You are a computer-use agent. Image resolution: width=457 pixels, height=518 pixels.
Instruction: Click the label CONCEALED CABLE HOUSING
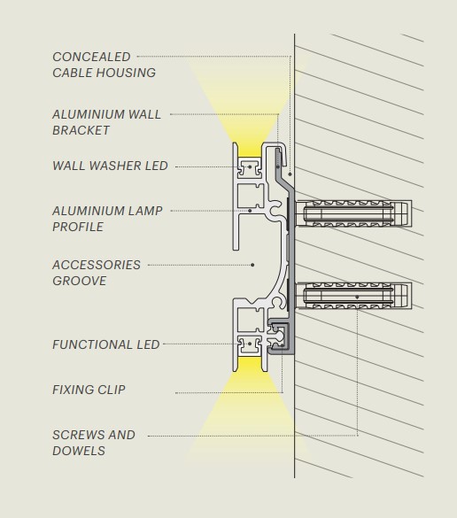click(105, 65)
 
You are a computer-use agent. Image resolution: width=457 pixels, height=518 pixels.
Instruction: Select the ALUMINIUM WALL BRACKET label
click(107, 122)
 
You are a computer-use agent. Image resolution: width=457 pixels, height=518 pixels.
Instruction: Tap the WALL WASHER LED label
click(110, 166)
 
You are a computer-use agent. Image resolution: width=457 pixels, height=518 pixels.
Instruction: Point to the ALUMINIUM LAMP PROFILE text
click(107, 219)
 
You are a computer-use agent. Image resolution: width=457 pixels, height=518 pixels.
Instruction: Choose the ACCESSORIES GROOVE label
click(97, 273)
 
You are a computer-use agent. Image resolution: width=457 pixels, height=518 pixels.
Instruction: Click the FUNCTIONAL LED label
click(106, 344)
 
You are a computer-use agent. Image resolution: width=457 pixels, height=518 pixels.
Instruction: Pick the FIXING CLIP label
click(89, 390)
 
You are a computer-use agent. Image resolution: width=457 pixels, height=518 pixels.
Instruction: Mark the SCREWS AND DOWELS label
click(94, 443)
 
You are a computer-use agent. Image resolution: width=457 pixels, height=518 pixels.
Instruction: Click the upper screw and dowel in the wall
click(353, 213)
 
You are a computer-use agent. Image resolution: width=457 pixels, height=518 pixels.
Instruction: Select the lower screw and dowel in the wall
click(353, 296)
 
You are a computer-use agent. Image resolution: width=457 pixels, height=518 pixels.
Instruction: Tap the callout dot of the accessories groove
click(252, 265)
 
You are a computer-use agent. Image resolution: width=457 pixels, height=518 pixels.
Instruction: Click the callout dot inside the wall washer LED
click(250, 166)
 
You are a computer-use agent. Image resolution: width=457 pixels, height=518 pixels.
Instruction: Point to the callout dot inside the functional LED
click(250, 344)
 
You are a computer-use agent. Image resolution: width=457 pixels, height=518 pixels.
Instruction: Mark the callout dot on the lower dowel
click(357, 298)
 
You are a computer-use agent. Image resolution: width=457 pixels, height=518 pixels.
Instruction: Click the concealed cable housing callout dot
click(290, 174)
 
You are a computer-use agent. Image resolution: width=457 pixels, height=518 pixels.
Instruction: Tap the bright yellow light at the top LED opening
click(250, 151)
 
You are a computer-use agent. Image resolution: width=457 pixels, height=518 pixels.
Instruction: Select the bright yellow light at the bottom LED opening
click(250, 364)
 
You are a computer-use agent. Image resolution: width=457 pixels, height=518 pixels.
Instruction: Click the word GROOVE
click(80, 281)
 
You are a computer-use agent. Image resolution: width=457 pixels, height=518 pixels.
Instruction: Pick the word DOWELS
click(79, 451)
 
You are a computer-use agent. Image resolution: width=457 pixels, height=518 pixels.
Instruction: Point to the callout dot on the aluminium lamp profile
click(250, 211)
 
